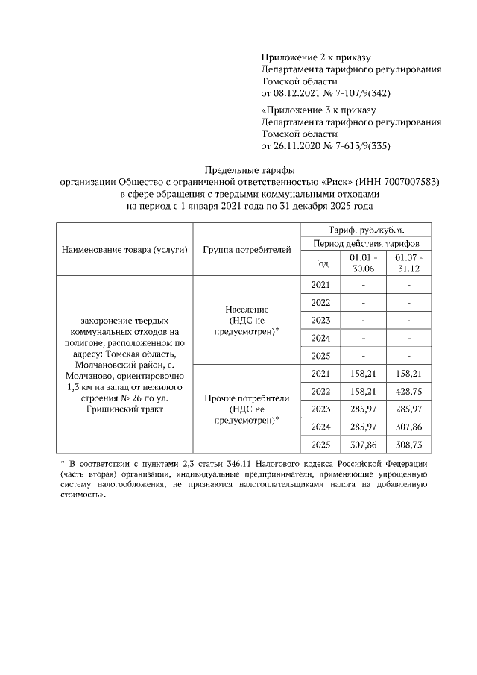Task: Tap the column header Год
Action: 320,263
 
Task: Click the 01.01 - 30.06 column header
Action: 363,263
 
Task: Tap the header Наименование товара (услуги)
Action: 124,249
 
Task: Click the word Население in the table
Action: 246,310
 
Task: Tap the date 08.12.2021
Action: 297,93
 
